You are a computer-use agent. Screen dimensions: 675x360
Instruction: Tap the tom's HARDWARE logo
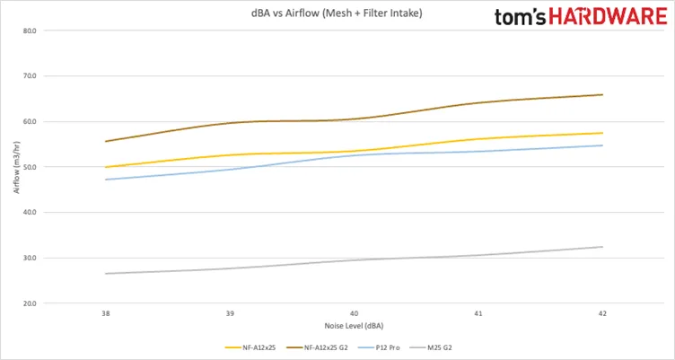(x=581, y=17)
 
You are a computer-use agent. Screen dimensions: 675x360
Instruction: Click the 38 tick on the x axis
(x=106, y=314)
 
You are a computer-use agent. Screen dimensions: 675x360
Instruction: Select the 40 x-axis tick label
(x=354, y=314)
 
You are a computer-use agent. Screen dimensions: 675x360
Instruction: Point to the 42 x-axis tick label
(x=602, y=314)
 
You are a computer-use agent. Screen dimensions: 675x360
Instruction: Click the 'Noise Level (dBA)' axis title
(x=354, y=326)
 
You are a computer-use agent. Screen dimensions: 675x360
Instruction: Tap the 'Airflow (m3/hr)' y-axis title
(x=17, y=167)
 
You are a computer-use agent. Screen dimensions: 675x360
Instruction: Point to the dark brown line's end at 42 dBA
(x=602, y=95)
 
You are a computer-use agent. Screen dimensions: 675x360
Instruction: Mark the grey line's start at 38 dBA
(x=106, y=274)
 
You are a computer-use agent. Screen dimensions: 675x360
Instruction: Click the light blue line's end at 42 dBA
(x=602, y=145)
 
